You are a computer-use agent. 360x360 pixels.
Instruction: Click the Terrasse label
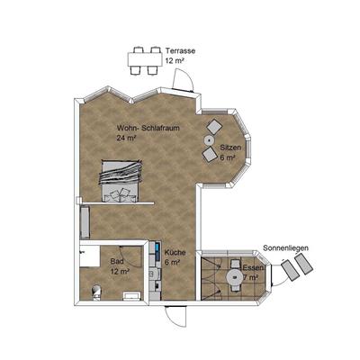pos(180,51)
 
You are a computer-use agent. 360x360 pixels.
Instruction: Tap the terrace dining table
pos(145,59)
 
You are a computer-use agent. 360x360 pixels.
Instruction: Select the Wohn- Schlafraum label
pos(148,128)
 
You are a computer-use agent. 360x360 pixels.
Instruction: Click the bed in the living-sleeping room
pos(121,181)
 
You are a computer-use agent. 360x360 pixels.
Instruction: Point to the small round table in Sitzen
pos(209,139)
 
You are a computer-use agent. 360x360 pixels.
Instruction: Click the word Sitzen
pos(230,148)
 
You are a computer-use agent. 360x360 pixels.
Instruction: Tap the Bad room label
pos(117,261)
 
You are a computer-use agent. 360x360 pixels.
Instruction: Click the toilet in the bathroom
pos(96,292)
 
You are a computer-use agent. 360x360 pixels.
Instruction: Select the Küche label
pos(175,253)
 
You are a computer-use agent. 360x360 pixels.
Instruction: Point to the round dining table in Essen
pos(235,276)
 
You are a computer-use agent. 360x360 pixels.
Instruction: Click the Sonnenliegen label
pos(285,248)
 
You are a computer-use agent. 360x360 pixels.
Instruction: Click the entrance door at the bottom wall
pos(175,317)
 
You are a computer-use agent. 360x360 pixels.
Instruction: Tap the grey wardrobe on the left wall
pos(85,222)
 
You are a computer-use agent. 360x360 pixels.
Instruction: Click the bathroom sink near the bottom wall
pos(132,296)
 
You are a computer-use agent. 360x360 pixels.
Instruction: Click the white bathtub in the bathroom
pos(90,256)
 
